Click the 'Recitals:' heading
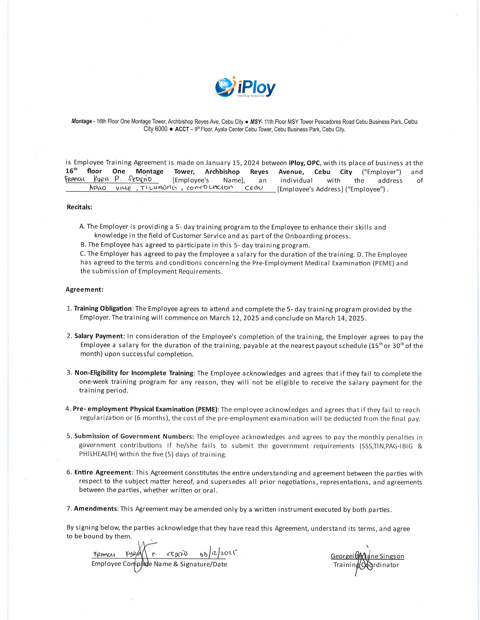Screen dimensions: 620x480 click(79, 207)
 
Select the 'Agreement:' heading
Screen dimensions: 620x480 click(85, 289)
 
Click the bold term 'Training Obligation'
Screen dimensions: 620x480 click(103, 308)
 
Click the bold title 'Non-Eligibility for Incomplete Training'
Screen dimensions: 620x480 click(134, 373)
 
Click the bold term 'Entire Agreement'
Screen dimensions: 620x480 click(103, 472)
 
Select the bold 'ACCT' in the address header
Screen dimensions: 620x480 click(182, 129)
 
